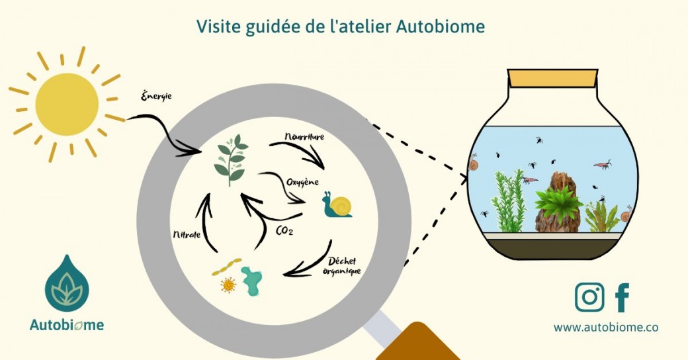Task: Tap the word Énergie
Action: point(157,96)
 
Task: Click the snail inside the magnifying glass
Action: point(337,205)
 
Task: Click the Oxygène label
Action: point(304,181)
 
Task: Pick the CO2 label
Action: point(284,230)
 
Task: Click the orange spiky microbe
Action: point(228,285)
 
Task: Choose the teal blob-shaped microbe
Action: point(253,281)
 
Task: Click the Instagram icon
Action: point(589,297)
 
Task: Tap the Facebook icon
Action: point(622,297)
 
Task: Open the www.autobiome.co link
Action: point(605,327)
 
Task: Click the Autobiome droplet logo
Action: point(67,282)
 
